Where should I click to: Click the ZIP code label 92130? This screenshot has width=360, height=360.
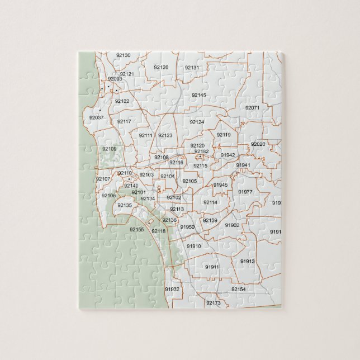click(123, 55)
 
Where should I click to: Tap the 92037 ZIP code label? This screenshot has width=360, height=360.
click(96, 117)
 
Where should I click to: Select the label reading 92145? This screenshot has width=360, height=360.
click(198, 95)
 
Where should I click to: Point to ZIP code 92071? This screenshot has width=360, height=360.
click(252, 107)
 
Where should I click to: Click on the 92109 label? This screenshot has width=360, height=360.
click(109, 149)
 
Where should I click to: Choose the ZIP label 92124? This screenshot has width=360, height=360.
click(197, 122)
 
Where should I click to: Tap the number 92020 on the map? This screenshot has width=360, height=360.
click(258, 144)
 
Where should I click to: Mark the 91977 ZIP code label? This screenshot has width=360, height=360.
click(245, 192)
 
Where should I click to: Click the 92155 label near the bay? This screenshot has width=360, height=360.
click(137, 229)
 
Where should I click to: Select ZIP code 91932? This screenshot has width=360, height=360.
click(172, 289)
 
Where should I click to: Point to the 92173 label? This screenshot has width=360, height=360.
click(214, 302)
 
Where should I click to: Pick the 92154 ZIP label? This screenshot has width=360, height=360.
click(238, 289)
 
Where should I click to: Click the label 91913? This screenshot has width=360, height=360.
click(248, 261)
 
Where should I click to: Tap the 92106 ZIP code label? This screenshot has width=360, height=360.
click(108, 195)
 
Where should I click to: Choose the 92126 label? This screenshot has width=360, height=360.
click(161, 67)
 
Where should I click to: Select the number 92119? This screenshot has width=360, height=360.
click(224, 135)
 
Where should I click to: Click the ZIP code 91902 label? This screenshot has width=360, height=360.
click(232, 225)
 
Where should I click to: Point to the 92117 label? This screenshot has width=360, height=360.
click(124, 121)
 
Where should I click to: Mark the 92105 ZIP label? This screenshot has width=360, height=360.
click(190, 181)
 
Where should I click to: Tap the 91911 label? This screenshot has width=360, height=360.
click(212, 267)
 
